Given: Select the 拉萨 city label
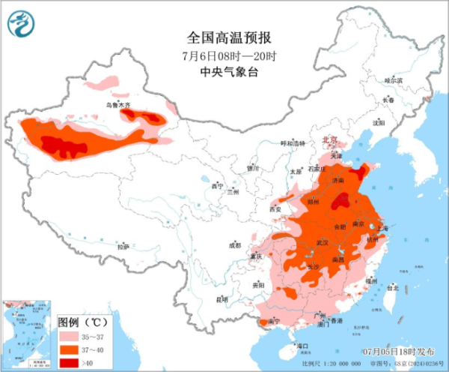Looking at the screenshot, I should tap(123, 245).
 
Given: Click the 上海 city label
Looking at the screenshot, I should tap(387, 224).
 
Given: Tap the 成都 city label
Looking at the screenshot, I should tap(235, 245).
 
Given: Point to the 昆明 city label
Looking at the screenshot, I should tap(222, 299).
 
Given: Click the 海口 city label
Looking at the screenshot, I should tap(302, 346).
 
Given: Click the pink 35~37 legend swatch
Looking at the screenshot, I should tap(69, 337).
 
